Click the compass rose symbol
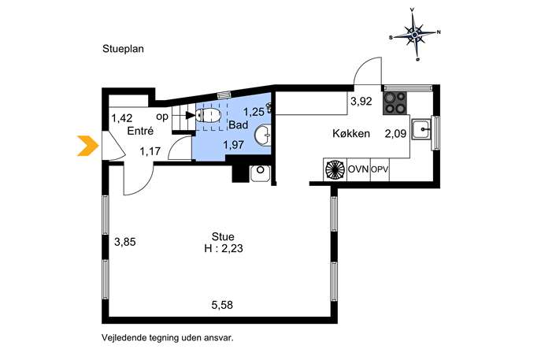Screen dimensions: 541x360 (x=415, y=34)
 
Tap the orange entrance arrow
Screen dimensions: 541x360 (x=87, y=146)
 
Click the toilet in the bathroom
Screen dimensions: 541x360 (x=208, y=115)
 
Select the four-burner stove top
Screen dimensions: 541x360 (x=395, y=103)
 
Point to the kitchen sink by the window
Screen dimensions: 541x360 (x=421, y=129)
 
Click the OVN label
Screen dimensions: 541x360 (x=358, y=169)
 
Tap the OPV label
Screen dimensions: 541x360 (x=380, y=170)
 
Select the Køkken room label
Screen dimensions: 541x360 (x=351, y=134)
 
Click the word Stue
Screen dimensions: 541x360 (x=223, y=236)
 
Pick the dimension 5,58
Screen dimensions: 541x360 (x=222, y=305)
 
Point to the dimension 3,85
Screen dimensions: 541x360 (x=125, y=242)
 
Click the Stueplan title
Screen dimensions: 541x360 (x=123, y=49)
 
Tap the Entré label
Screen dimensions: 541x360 (x=140, y=131)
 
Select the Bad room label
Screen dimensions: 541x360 (x=239, y=125)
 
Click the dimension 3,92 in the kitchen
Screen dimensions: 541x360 (x=361, y=101)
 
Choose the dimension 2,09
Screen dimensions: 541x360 (x=396, y=134)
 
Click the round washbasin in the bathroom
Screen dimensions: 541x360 (x=263, y=135)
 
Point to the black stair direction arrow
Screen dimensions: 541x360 (x=190, y=115)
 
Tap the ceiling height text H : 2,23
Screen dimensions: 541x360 (x=224, y=248)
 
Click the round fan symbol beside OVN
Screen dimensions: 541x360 (x=335, y=169)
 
